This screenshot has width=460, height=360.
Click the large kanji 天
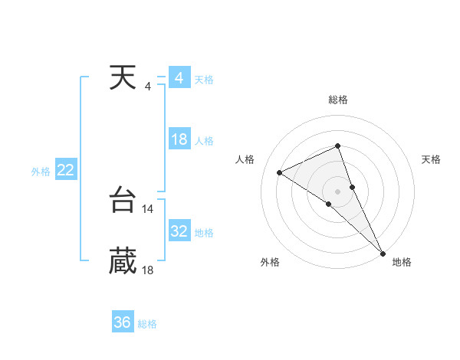(x=123, y=78)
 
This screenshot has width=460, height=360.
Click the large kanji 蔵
(x=123, y=261)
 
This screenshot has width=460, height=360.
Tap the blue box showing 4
(x=179, y=78)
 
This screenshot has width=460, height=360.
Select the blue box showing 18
(x=179, y=139)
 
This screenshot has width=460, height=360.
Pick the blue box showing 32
(x=179, y=231)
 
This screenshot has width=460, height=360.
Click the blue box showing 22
(x=65, y=170)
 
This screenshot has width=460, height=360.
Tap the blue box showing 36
(x=123, y=322)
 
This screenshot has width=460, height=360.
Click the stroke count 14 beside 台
(x=148, y=208)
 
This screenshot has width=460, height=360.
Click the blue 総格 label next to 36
(x=147, y=324)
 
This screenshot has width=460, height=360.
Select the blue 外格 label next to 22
(x=41, y=172)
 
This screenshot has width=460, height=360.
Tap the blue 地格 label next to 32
(x=204, y=233)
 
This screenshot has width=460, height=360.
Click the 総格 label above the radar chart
(x=338, y=100)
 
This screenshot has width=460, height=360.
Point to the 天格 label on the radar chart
(x=431, y=159)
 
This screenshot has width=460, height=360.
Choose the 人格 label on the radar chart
(x=245, y=159)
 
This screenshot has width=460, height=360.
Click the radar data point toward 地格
(x=383, y=252)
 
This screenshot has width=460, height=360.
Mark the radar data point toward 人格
(x=280, y=172)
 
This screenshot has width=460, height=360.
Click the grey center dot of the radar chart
(x=338, y=190)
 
